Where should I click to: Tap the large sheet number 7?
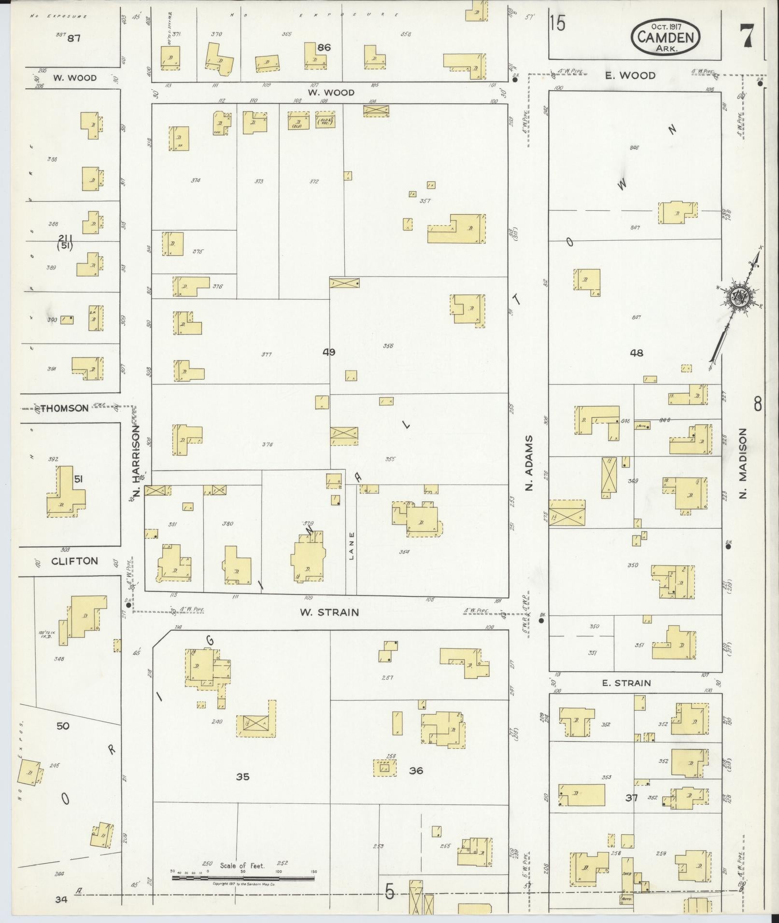tap(747, 35)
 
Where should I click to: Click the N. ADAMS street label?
tap(529, 463)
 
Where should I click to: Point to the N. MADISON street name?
tap(743, 463)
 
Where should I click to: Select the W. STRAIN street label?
tap(329, 612)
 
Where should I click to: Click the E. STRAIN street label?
tap(626, 683)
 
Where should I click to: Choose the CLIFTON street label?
tap(74, 561)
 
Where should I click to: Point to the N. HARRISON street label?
tap(137, 460)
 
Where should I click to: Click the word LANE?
tap(352, 545)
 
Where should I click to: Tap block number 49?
tap(329, 352)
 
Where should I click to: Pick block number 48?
tap(637, 353)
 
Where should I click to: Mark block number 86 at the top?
tap(324, 47)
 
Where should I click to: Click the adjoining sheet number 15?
tap(557, 24)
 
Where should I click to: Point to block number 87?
tap(74, 38)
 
